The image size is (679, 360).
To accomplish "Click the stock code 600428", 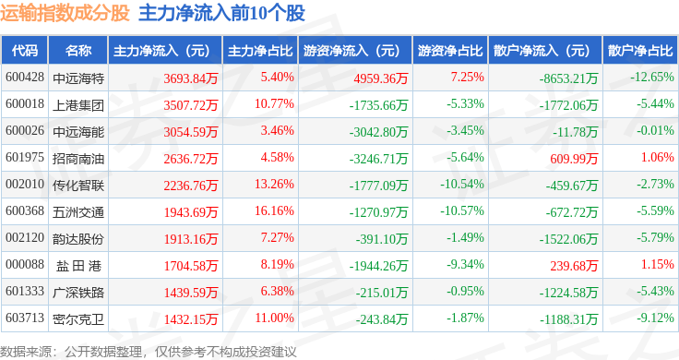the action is (x=25, y=78).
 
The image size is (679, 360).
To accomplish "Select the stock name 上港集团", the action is (x=78, y=105).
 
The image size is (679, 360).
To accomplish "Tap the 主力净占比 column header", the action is (x=260, y=51).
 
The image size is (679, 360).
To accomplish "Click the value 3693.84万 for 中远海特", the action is (x=191, y=78).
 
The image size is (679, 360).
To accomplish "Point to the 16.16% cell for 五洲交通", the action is (x=274, y=211).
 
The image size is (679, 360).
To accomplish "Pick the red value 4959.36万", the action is (x=381, y=78).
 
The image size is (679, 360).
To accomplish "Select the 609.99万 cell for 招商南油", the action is (x=574, y=159).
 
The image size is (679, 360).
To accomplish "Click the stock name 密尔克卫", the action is (x=78, y=318).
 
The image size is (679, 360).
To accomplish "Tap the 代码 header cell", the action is (x=25, y=51).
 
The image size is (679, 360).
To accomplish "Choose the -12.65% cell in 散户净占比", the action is (x=652, y=78).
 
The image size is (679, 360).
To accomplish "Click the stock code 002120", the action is (x=25, y=238).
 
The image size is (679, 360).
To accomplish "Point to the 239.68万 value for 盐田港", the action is (x=574, y=266).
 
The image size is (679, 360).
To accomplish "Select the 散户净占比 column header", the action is (x=640, y=51).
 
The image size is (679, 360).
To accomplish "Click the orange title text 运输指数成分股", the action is (x=65, y=13).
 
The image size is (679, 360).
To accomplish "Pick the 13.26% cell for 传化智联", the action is (x=274, y=184).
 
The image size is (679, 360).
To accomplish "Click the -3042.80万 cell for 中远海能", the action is (x=378, y=132).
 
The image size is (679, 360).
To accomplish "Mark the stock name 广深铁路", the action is (x=78, y=293).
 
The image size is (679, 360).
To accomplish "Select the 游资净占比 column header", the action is (x=450, y=51).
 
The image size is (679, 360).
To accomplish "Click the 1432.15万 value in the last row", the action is (x=191, y=319).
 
